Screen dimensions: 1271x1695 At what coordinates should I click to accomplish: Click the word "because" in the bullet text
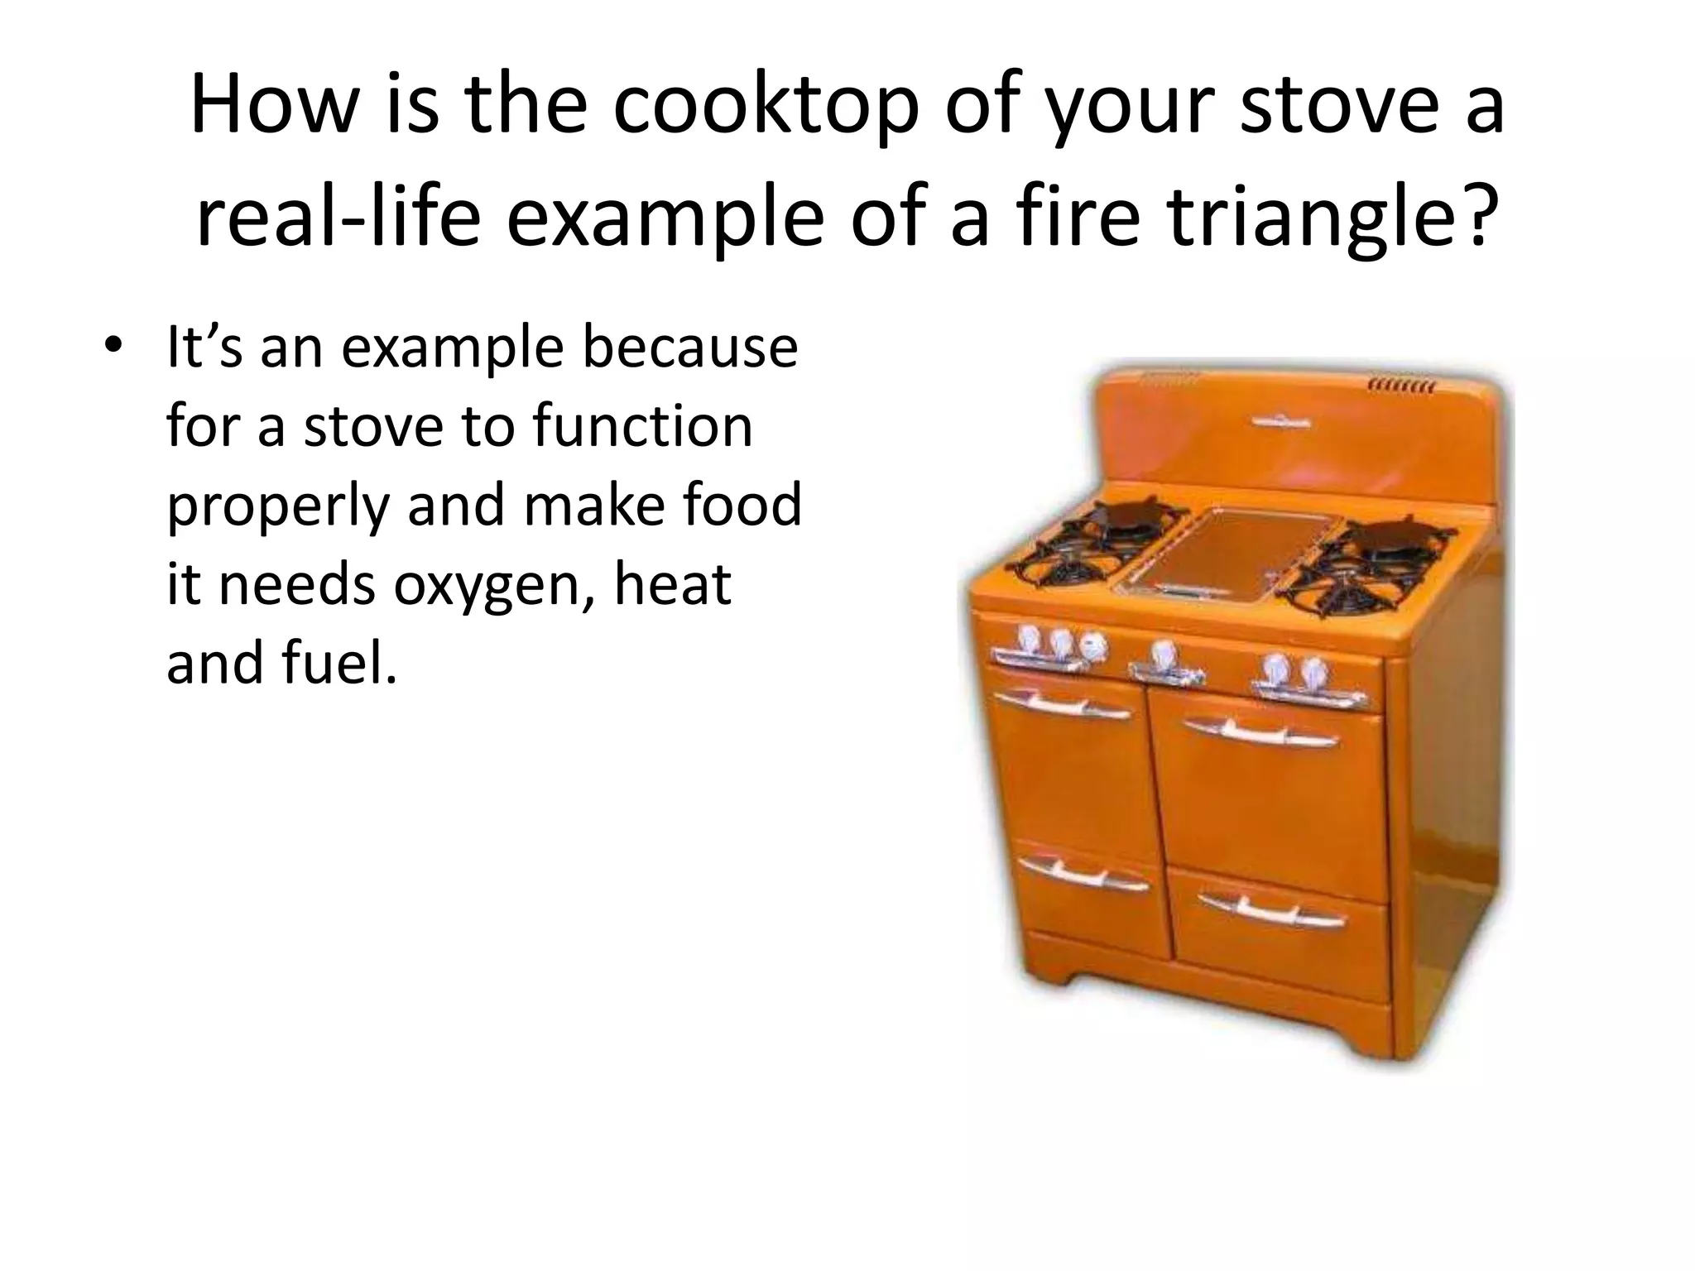[x=690, y=348]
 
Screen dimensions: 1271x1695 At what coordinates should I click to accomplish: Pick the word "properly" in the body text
[x=277, y=506]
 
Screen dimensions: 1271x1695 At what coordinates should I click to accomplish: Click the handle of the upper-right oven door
[x=1260, y=732]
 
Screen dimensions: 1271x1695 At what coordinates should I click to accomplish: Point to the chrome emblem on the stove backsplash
[x=1280, y=421]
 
